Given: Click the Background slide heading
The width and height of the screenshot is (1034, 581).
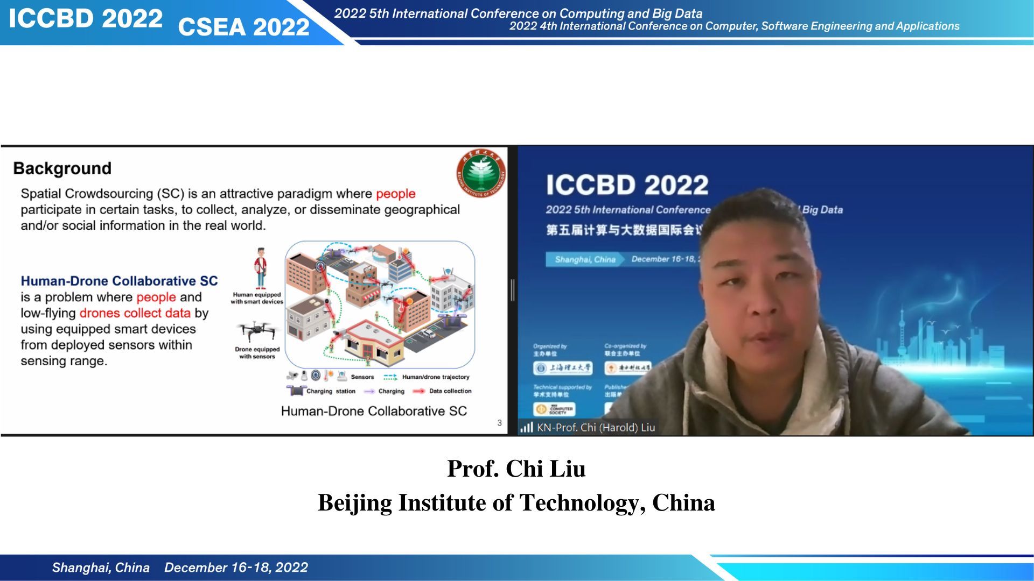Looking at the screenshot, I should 62,168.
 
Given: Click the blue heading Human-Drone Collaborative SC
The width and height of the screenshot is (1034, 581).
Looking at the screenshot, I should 119,281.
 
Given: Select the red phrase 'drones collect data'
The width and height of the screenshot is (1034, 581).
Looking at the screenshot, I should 135,313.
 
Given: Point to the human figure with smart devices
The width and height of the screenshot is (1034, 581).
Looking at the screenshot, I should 261,269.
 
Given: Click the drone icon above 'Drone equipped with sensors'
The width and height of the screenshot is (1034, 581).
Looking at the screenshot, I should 257,331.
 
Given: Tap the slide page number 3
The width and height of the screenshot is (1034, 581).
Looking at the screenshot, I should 499,423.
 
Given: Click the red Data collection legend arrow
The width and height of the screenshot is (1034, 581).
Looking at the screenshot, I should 419,391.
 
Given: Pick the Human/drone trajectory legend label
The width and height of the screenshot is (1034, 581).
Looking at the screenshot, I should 436,377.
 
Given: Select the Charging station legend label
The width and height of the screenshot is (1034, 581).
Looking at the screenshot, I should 331,391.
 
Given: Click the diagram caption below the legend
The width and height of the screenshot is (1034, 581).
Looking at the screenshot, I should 374,411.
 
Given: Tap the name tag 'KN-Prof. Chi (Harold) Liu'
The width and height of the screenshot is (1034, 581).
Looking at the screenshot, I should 596,428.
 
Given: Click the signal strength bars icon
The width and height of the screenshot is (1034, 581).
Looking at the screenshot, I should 526,428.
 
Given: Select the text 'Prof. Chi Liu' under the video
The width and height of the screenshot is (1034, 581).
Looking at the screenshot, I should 516,469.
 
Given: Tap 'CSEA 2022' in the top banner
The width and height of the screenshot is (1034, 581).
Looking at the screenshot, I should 243,27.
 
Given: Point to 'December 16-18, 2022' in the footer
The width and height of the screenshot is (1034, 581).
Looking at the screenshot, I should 236,568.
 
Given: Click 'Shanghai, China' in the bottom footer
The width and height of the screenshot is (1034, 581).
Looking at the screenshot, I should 101,568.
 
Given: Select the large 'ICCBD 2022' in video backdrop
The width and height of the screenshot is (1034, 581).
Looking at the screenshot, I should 627,185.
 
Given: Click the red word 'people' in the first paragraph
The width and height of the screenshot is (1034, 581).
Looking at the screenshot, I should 395,194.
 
